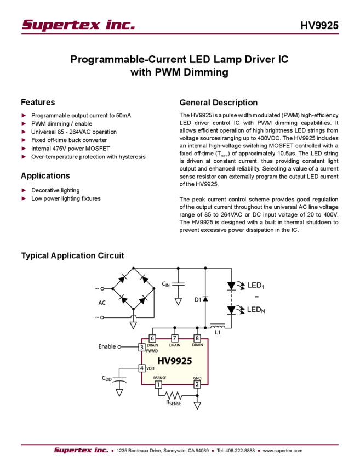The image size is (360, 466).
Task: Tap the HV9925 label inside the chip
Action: click(x=173, y=361)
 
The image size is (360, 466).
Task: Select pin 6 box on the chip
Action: click(x=152, y=338)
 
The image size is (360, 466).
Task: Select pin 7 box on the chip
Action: click(x=175, y=338)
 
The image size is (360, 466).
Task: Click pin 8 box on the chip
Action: click(x=197, y=338)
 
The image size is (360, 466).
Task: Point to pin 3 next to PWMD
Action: click(x=141, y=347)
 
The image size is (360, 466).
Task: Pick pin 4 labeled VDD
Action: click(x=141, y=368)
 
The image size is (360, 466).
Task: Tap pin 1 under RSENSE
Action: click(x=159, y=384)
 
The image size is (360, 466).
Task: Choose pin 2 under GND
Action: click(x=197, y=384)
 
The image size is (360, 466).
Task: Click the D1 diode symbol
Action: click(x=205, y=299)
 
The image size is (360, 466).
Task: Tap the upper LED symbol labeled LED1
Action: click(x=232, y=285)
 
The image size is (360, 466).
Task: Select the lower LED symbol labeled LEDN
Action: click(x=232, y=310)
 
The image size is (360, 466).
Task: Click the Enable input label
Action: click(x=109, y=346)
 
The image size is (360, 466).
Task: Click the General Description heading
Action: click(x=218, y=103)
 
